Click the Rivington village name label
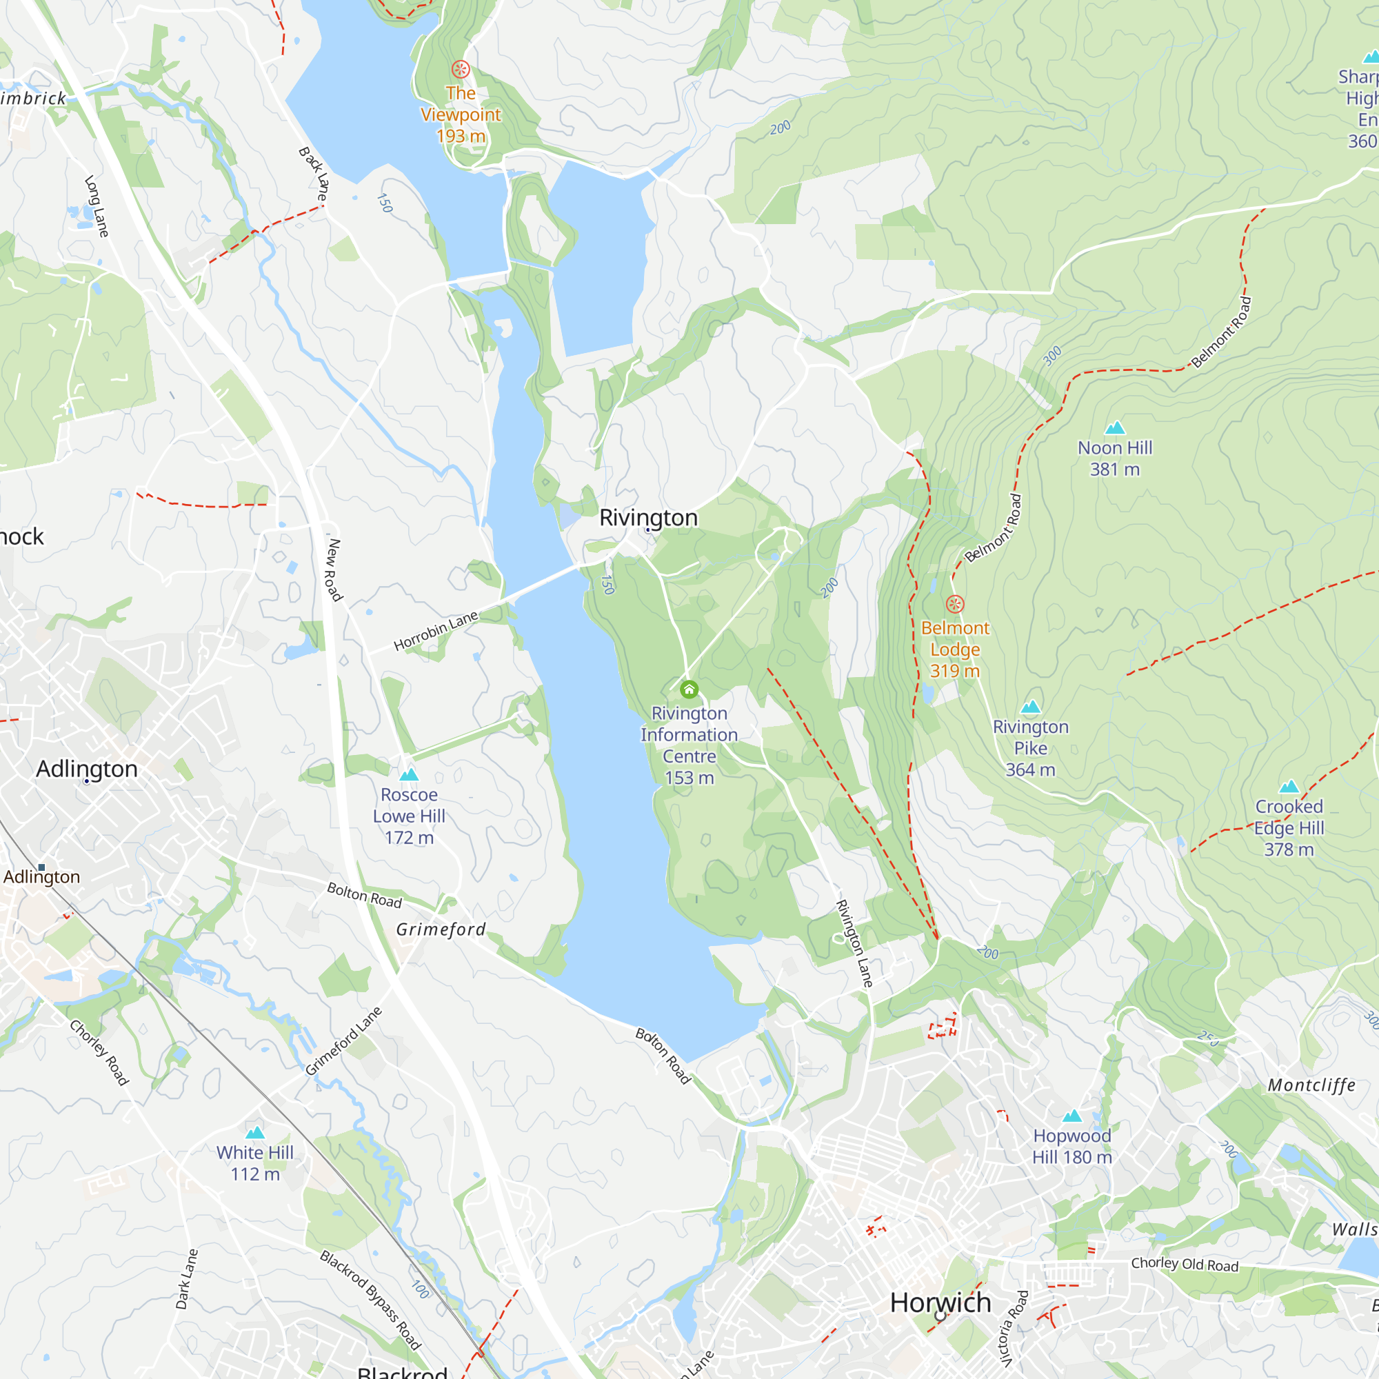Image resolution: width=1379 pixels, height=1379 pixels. coord(648,518)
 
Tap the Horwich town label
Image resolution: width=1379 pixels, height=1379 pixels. coord(940,1302)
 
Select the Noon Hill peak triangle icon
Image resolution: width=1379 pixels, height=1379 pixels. coord(1114,427)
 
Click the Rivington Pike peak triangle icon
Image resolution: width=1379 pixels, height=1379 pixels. coord(1030,707)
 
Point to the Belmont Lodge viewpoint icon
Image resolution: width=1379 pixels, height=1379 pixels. coord(955,604)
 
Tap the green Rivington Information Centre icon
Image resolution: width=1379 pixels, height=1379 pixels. coord(689,689)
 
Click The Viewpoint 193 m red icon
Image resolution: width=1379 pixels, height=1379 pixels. coord(461,69)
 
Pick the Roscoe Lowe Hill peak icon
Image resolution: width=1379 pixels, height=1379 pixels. coord(409,774)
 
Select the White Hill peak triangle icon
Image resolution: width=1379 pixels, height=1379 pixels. coord(255,1132)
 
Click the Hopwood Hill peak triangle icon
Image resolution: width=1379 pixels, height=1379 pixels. coord(1072,1116)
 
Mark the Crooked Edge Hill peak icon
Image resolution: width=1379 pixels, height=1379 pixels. coord(1289,787)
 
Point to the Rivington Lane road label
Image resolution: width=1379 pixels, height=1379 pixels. coord(854,944)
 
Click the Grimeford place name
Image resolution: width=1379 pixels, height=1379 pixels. coord(441,929)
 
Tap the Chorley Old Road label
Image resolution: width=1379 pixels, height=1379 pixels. coord(1184,1264)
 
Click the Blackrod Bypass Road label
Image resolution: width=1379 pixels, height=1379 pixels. coord(370,1299)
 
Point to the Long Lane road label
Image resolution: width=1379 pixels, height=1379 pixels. coord(97,206)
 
